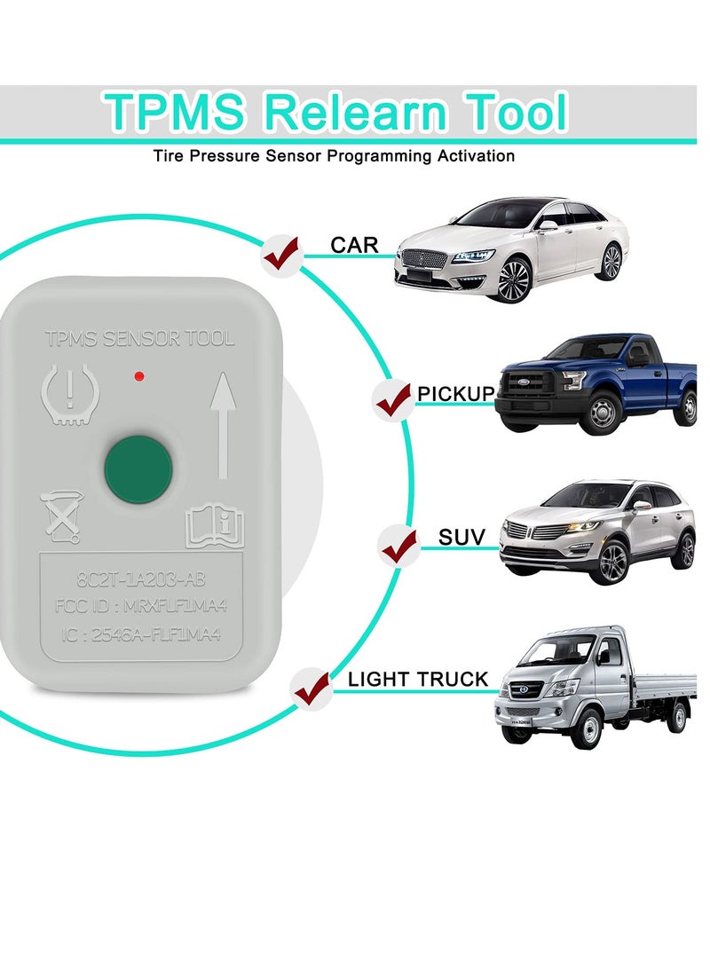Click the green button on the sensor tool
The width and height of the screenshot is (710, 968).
pyautogui.click(x=138, y=466)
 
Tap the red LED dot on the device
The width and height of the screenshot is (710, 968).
pyautogui.click(x=138, y=377)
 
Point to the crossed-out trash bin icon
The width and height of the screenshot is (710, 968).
pyautogui.click(x=60, y=516)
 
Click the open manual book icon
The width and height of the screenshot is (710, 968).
pyautogui.click(x=214, y=527)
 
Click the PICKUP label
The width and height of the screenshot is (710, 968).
pyautogui.click(x=455, y=392)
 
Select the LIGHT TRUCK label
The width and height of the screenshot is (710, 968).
pyautogui.click(x=417, y=681)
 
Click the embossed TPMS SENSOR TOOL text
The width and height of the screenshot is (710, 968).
pyautogui.click(x=140, y=338)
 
